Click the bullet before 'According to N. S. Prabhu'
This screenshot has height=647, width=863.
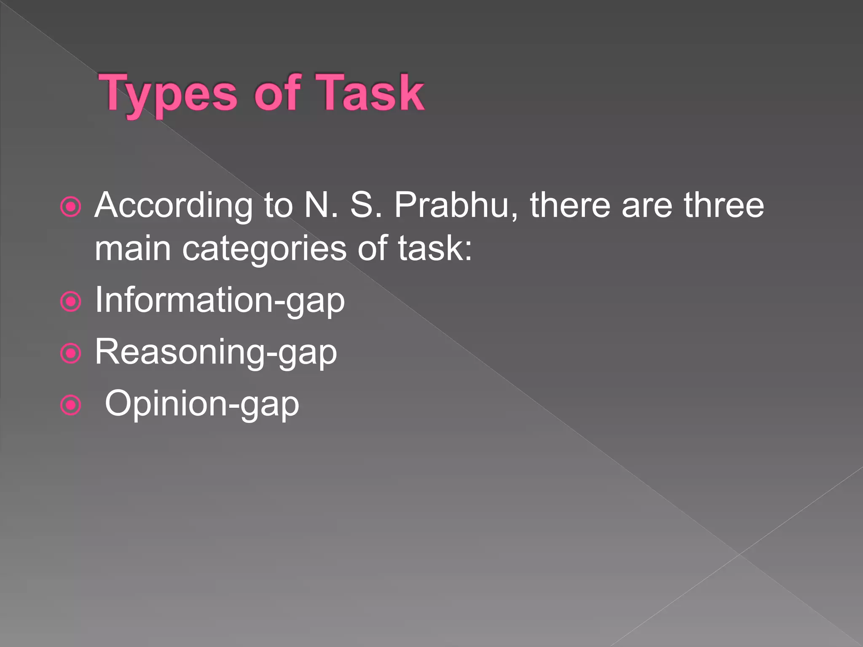pyautogui.click(x=70, y=207)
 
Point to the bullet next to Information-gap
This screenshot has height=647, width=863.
pyautogui.click(x=70, y=302)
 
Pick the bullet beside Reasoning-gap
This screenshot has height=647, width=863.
pyautogui.click(x=70, y=353)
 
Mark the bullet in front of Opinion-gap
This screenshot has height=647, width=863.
pyautogui.click(x=70, y=405)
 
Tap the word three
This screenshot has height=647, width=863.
pyautogui.click(x=724, y=206)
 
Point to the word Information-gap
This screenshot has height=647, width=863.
pyautogui.click(x=220, y=301)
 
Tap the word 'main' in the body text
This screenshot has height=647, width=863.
pyautogui.click(x=133, y=249)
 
